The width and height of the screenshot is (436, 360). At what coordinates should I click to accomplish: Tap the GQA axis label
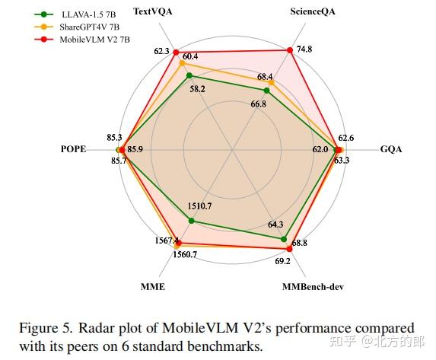point(391,149)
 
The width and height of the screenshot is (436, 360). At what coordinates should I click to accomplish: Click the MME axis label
point(152,287)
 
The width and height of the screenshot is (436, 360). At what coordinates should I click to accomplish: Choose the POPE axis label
point(73,149)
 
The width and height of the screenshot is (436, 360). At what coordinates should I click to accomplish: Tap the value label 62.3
point(161,51)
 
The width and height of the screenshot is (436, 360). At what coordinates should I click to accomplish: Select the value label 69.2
point(282,260)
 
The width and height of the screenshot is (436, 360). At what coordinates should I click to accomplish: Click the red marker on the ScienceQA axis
point(290,51)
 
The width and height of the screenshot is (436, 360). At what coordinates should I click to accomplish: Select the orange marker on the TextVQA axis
point(181,64)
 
